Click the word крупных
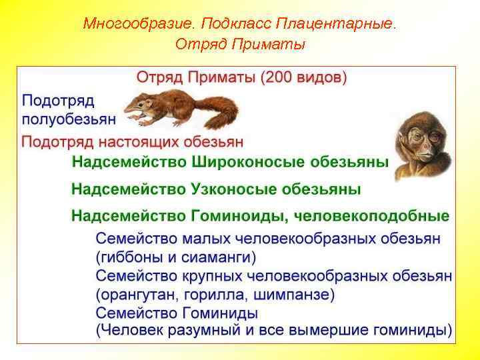(213, 275)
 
